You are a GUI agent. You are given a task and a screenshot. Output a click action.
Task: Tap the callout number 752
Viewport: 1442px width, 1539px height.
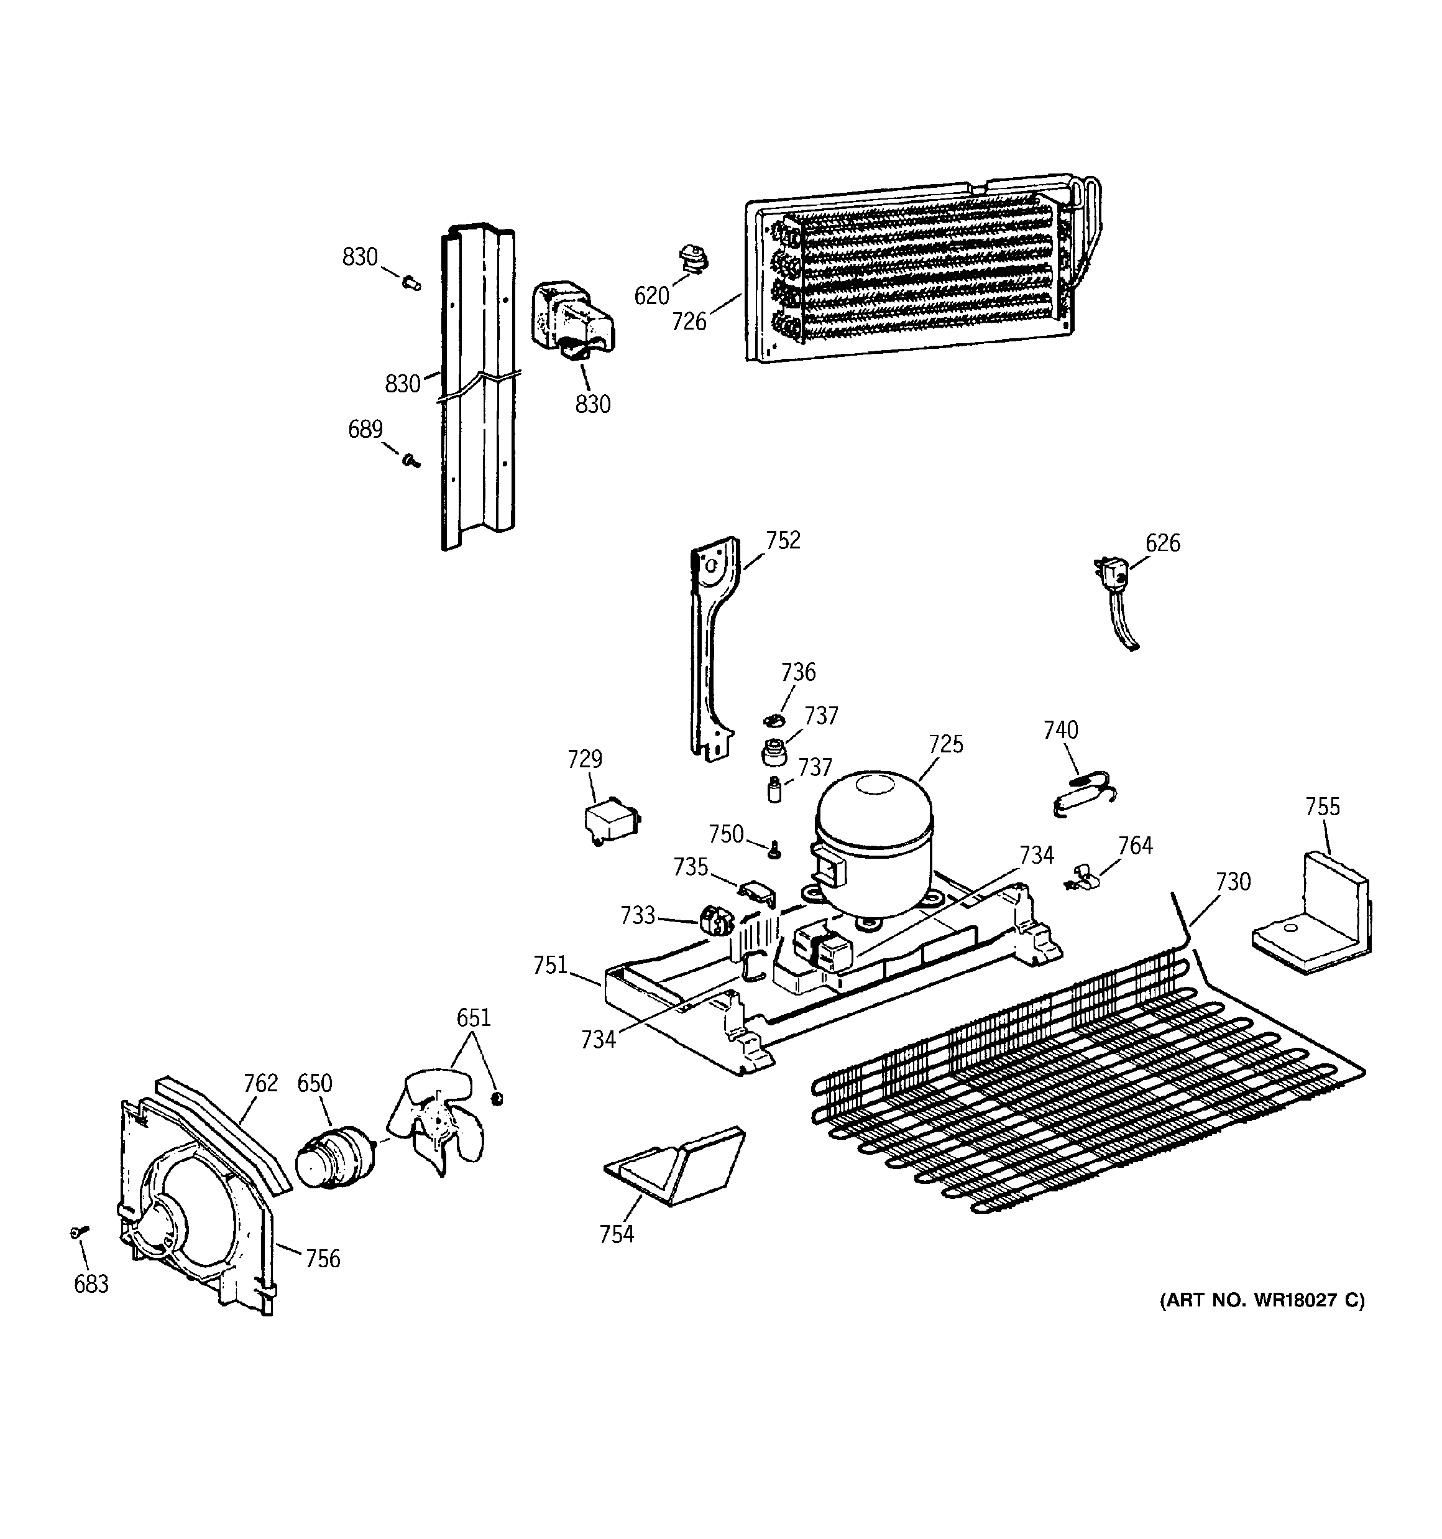click(783, 540)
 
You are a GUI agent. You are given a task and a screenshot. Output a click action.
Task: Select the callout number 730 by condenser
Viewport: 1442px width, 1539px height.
click(1233, 882)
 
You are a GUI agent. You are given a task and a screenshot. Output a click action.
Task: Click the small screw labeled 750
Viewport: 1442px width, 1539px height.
click(773, 851)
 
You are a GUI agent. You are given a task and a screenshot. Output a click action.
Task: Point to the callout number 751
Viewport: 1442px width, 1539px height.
click(550, 965)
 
